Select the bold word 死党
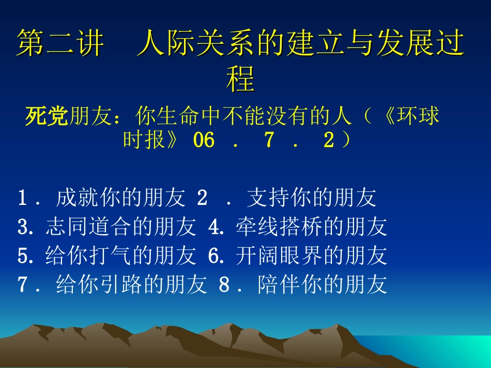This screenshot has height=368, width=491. [x=47, y=117]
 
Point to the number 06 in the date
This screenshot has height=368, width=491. [x=203, y=140]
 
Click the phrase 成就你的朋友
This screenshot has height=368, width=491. [x=120, y=198]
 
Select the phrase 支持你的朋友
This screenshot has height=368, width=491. [x=311, y=198]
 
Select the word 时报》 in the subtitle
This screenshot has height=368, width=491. [x=150, y=140]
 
